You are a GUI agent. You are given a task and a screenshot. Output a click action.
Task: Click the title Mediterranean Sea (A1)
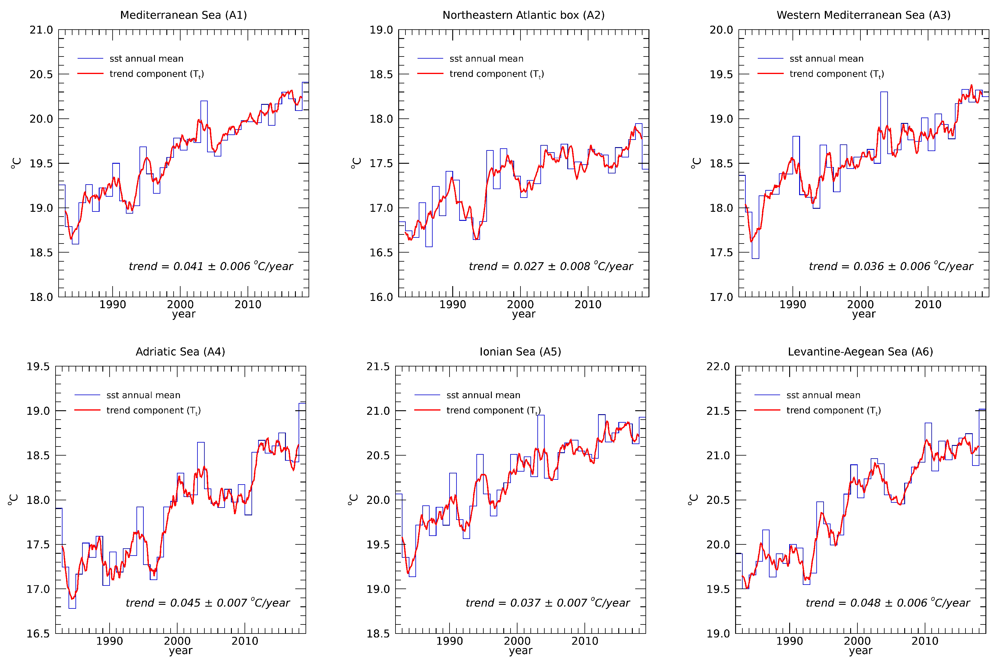[183, 15]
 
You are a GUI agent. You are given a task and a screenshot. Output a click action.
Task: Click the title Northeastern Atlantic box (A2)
[523, 15]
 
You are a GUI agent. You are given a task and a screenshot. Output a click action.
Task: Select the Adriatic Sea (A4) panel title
[180, 352]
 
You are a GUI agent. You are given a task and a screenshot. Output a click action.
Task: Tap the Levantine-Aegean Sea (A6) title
[860, 352]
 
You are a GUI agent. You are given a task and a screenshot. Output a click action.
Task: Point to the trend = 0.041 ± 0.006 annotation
[211, 266]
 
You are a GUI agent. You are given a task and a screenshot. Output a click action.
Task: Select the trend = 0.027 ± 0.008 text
[550, 266]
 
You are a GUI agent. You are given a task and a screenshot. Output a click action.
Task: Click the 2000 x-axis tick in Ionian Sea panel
[517, 641]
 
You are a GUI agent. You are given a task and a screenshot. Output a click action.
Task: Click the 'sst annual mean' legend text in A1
[146, 59]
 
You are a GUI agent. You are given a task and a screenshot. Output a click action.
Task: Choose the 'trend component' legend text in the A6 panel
[833, 411]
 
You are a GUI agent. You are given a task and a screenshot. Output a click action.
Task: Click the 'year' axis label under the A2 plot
[524, 314]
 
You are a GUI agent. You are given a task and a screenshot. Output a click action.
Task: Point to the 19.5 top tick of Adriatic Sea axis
[38, 366]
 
